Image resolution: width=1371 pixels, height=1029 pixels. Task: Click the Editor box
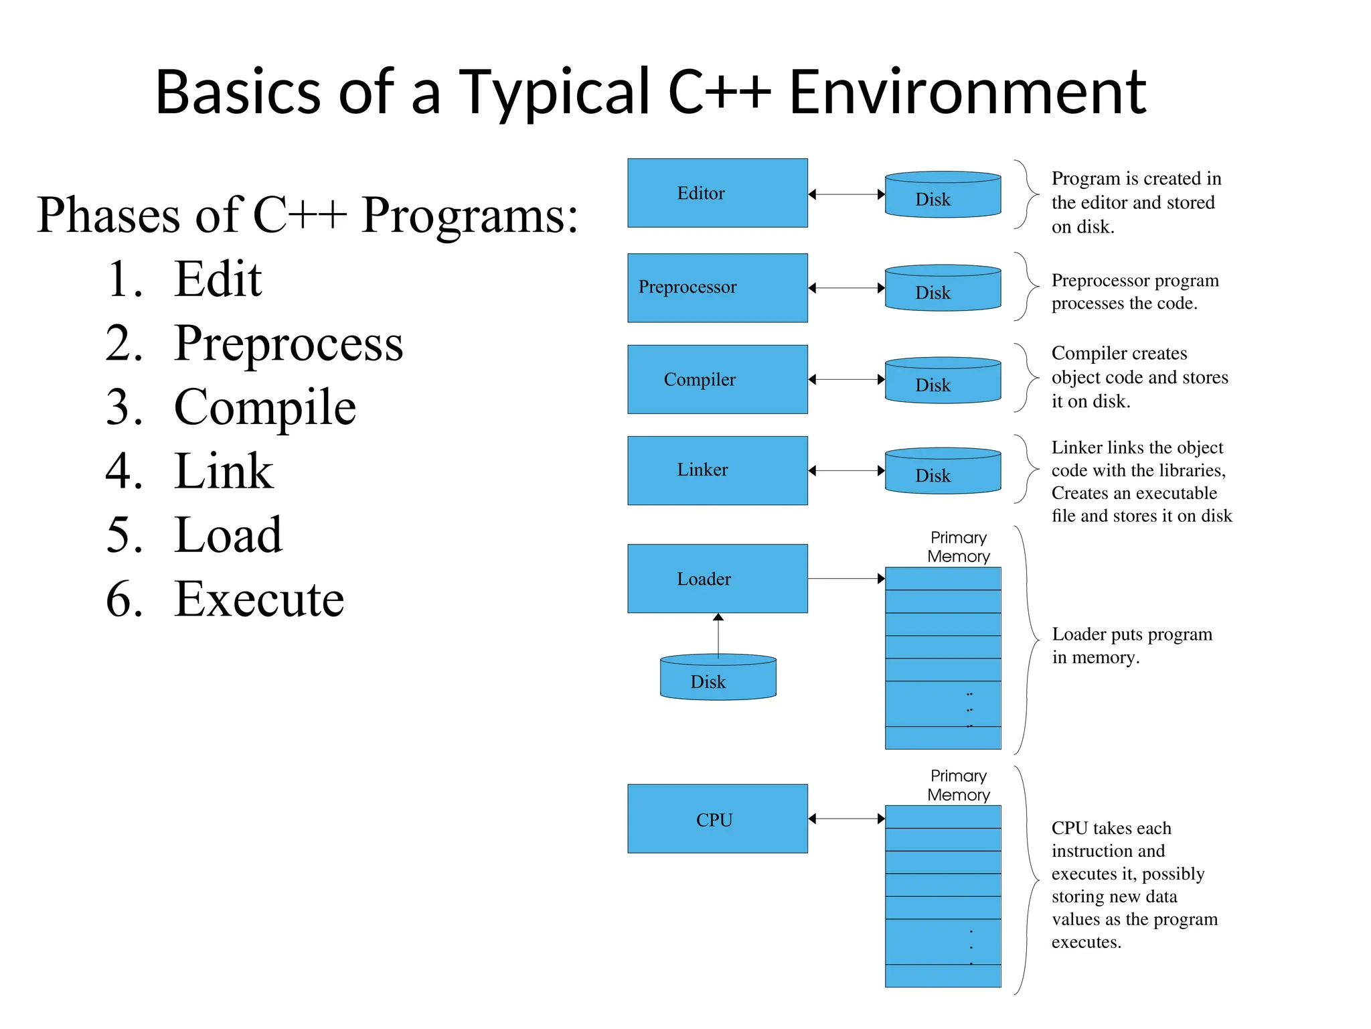pos(717,193)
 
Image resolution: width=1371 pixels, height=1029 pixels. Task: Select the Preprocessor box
pos(717,288)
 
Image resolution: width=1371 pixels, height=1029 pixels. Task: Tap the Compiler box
pos(717,379)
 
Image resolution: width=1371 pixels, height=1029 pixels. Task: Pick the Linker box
pos(717,470)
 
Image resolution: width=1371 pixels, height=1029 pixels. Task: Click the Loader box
pos(717,578)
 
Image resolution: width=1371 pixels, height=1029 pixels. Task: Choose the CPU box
pos(717,819)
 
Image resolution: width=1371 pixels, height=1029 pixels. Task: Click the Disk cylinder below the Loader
pos(718,678)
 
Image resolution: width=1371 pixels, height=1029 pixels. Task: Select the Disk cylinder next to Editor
pos(943,196)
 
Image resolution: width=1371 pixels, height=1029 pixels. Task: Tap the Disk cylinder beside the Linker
pos(943,472)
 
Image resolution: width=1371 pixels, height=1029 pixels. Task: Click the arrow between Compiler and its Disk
pos(846,379)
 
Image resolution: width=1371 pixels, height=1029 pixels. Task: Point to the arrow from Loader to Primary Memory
pos(846,578)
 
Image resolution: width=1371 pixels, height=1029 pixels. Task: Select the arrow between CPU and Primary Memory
pos(846,819)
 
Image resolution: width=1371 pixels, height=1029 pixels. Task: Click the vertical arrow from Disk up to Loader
pos(718,634)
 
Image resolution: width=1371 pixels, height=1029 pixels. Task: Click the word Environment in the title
pos(967,92)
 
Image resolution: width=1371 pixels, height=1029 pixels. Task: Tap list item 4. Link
pos(191,471)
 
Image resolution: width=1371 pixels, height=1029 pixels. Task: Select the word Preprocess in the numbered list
pos(288,343)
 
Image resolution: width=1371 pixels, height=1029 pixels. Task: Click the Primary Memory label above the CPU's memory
pos(958,785)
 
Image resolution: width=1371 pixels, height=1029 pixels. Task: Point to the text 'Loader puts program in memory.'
pos(1131,645)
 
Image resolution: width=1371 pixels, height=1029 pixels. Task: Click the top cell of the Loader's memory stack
pos(943,579)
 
